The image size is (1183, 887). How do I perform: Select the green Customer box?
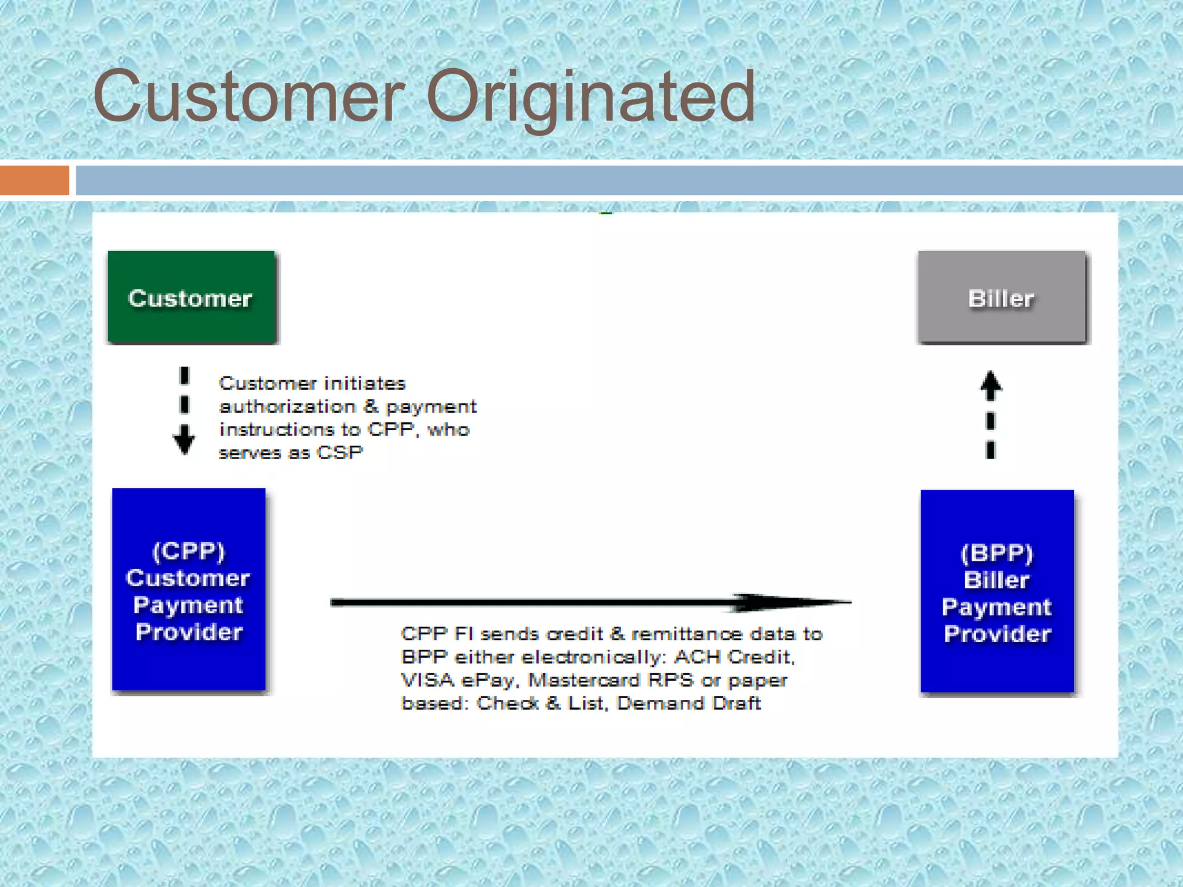(191, 297)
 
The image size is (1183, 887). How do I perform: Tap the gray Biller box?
(1002, 297)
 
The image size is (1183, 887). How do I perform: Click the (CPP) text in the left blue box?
(188, 550)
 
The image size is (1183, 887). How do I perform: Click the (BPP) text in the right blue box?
(996, 553)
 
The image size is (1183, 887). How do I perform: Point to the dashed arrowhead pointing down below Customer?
(184, 440)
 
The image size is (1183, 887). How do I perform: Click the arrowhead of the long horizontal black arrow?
(797, 602)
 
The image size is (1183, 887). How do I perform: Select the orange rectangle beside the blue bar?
(35, 180)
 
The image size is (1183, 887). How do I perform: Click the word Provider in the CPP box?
(189, 632)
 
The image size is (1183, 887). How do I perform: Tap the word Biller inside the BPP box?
(996, 580)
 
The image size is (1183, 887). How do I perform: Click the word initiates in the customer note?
(364, 383)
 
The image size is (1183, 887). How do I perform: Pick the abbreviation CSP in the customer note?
(340, 452)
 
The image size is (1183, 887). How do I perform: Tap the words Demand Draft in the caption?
(689, 703)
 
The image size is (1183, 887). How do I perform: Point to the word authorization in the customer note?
(287, 407)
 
